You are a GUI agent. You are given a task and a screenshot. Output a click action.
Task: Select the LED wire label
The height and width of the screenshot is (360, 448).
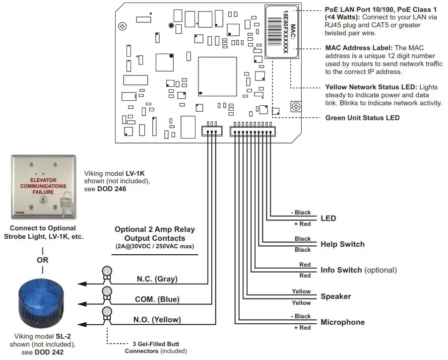(328, 218)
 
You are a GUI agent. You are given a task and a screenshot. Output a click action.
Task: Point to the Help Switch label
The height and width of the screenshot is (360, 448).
(342, 244)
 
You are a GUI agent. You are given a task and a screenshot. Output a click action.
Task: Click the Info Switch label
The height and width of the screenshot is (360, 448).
(359, 270)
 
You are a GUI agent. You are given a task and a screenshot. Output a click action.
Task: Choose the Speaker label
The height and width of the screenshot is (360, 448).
(335, 296)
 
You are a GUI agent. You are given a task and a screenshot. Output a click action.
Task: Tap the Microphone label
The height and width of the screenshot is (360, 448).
(342, 322)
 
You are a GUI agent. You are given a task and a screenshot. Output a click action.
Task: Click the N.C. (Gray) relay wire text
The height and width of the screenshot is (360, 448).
(157, 279)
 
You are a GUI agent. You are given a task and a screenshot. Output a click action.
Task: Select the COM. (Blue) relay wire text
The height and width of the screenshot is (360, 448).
(157, 299)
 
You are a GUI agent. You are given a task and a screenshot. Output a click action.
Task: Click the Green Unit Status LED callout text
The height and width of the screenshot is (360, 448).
(362, 118)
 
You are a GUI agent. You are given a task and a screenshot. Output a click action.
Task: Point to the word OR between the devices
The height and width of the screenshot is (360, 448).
(42, 260)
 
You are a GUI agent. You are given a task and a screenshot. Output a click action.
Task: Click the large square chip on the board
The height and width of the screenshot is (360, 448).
(217, 76)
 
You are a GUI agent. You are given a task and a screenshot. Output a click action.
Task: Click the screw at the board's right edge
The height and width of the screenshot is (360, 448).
(296, 106)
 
